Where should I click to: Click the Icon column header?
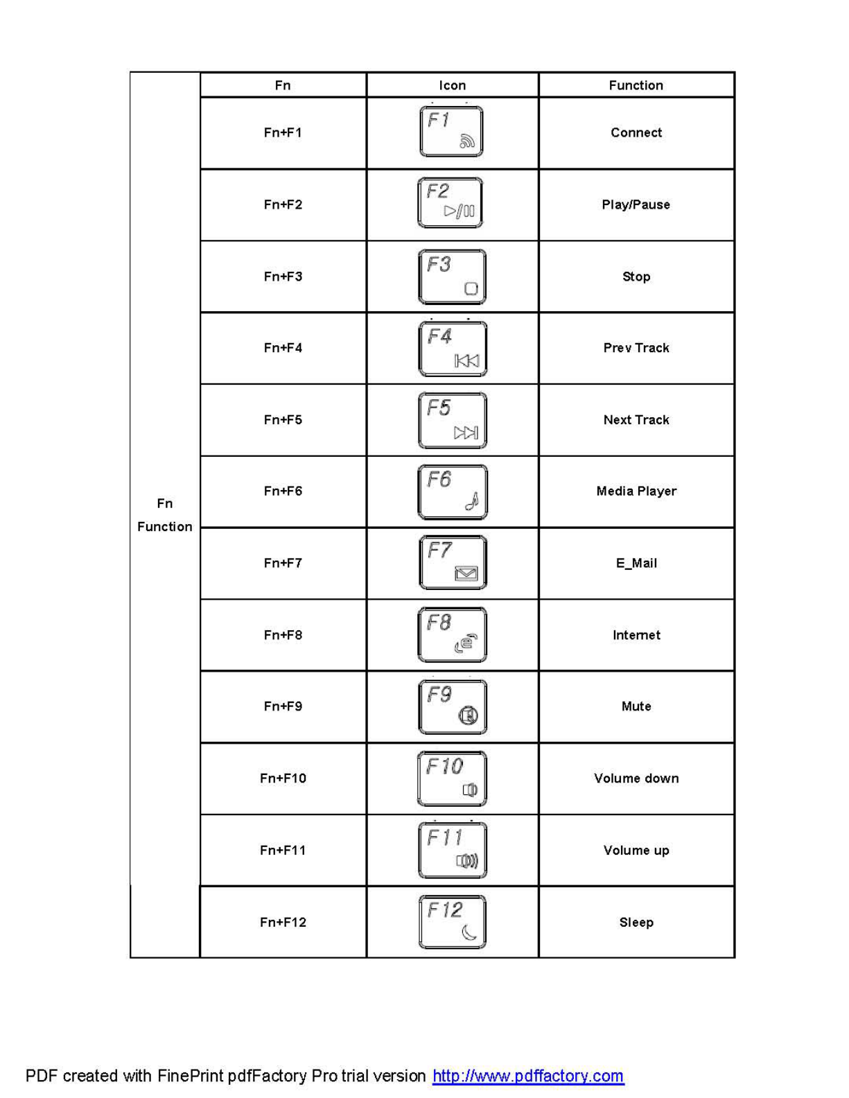[x=452, y=85]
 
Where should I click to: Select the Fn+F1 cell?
[x=283, y=132]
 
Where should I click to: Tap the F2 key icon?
[x=450, y=203]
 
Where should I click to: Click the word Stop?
[x=636, y=277]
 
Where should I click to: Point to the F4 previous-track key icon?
[x=453, y=349]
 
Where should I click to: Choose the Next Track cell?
[x=636, y=419]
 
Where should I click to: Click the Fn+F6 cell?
[x=283, y=491]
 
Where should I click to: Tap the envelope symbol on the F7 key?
[x=466, y=573]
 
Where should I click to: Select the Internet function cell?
[x=636, y=635]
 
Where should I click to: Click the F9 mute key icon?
[x=453, y=706]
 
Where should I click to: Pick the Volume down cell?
[x=636, y=778]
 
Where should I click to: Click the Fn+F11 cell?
[x=283, y=850]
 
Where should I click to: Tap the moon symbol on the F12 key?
[x=469, y=933]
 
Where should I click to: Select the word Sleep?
[x=636, y=922]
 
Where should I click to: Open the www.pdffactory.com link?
[x=528, y=1076]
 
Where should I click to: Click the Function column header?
[x=636, y=85]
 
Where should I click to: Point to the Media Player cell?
[x=636, y=491]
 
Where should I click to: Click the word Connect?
[x=636, y=132]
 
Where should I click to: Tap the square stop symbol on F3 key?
[x=471, y=288]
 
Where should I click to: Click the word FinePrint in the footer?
[x=190, y=1076]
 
